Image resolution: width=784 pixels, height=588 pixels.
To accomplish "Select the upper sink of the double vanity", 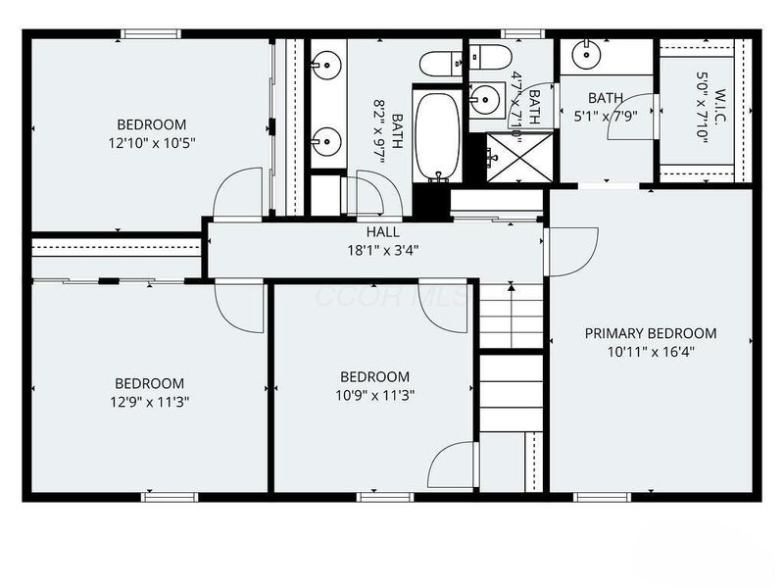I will click(324, 67).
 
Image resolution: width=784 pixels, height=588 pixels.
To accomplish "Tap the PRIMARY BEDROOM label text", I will click(650, 333).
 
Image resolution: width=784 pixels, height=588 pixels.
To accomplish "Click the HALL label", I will click(382, 231).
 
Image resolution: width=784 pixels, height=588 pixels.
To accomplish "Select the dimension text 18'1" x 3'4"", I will click(382, 249).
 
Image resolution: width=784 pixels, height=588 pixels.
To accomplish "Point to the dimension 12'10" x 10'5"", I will click(152, 142).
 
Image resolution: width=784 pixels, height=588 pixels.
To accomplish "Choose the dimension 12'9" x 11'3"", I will click(149, 401).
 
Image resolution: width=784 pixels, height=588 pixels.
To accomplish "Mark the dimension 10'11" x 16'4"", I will click(650, 351).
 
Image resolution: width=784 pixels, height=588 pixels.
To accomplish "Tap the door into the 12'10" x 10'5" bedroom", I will click(238, 194).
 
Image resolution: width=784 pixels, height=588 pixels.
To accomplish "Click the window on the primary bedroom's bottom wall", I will click(599, 496).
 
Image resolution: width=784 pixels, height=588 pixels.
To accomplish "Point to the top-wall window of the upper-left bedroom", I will click(150, 34).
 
